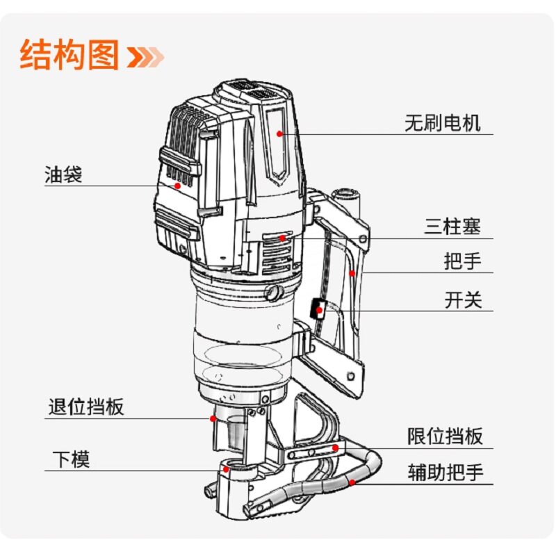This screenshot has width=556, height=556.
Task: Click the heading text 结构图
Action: [x=69, y=56]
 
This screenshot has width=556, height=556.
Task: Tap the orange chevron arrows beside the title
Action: [x=146, y=56]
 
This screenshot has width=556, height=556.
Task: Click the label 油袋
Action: [x=63, y=174]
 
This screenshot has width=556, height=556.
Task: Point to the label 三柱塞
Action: [x=452, y=227]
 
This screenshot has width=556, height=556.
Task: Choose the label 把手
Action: [x=462, y=261]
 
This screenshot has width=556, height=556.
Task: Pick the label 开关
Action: [x=463, y=300]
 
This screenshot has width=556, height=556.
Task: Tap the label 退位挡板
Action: [x=86, y=407]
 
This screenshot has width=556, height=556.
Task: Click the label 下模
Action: [x=72, y=459]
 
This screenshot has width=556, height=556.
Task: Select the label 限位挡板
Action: [x=445, y=436]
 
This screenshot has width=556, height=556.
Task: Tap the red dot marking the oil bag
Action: [x=178, y=186]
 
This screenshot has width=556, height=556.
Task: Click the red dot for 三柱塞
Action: [x=282, y=238]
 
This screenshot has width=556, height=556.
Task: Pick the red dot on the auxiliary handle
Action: [x=352, y=482]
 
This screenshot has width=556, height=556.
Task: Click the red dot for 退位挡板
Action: [x=213, y=418]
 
